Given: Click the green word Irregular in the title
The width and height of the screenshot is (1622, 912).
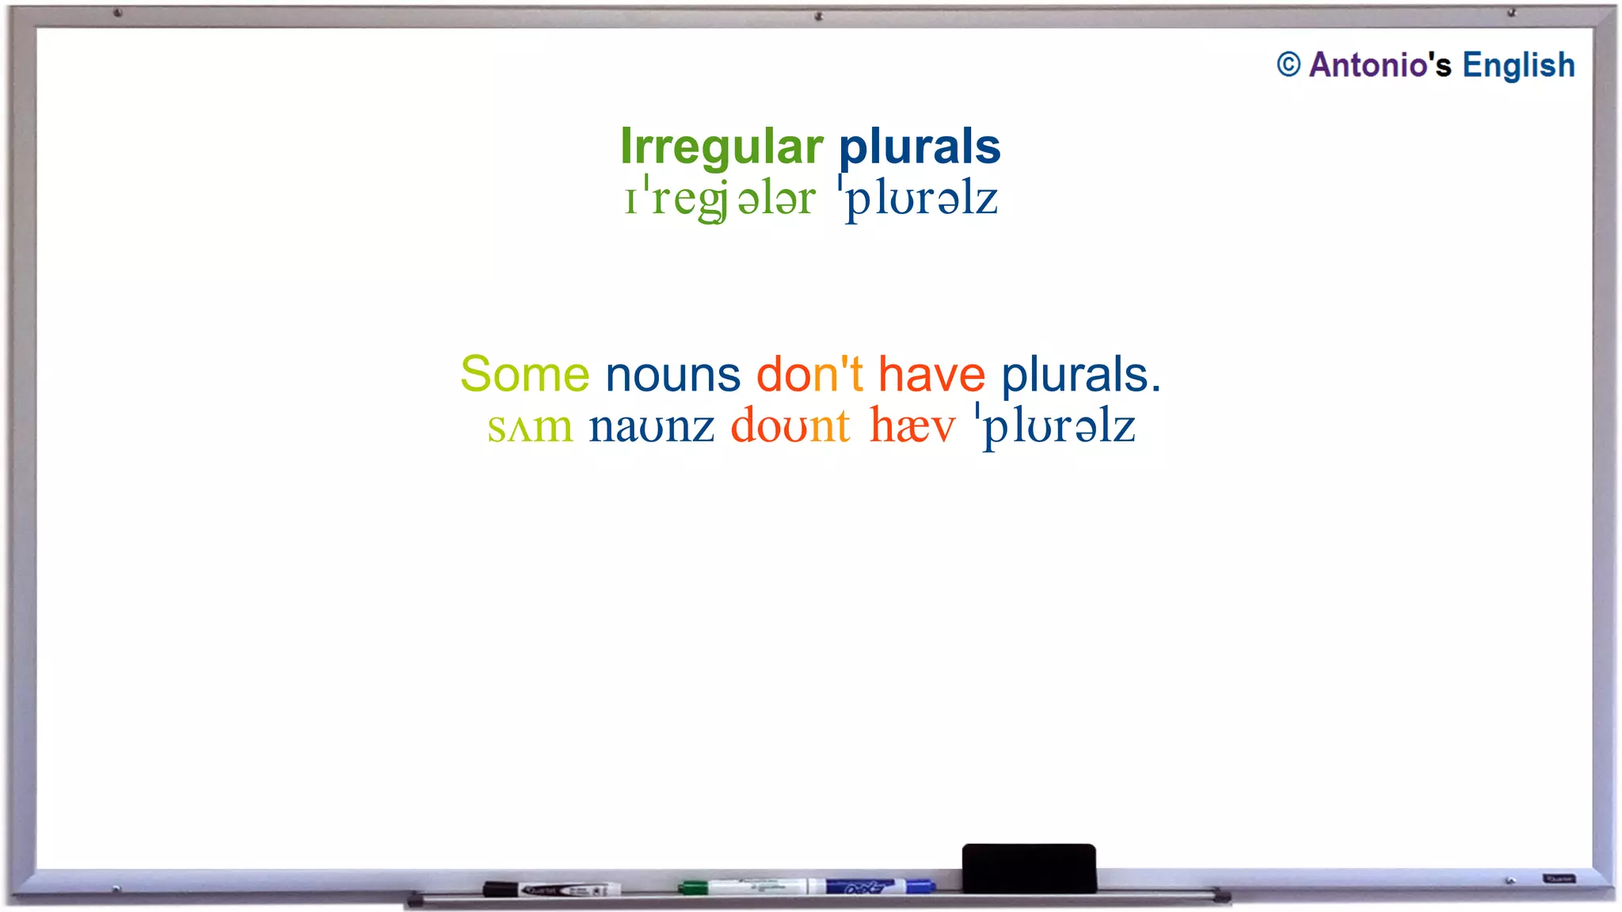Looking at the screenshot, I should coord(722,147).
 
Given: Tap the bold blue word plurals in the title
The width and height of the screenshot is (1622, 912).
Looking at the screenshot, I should coord(920,147).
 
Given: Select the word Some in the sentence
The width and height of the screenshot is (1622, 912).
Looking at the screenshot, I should coord(525,374).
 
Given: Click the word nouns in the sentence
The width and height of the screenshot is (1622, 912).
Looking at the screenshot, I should coord(672,374).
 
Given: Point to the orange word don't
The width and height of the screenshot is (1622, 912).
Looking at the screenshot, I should coord(809,374).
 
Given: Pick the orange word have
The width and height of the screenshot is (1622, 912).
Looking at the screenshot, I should coord(931,374).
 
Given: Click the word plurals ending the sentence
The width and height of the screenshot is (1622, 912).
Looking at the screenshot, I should coord(1080,374).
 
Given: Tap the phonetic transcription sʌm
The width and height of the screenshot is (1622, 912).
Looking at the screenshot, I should coord(530,428).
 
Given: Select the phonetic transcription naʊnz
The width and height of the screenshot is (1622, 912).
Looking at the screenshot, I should coord(651,428).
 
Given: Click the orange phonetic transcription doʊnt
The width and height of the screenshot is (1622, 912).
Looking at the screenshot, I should coord(790,428).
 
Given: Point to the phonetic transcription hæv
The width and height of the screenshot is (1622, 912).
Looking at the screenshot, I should coord(912,428).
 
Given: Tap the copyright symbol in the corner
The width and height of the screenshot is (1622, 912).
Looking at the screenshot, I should coord(1289,65).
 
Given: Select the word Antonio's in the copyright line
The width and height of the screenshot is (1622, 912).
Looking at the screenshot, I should coord(1380,65).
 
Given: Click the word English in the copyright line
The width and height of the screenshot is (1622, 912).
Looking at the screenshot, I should coord(1518,65).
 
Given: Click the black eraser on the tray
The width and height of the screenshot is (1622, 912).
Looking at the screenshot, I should coord(1029,868).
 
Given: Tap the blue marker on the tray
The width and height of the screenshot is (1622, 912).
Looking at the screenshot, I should coord(879,887).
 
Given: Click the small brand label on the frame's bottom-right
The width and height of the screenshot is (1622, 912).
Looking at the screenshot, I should coord(1559,879).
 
